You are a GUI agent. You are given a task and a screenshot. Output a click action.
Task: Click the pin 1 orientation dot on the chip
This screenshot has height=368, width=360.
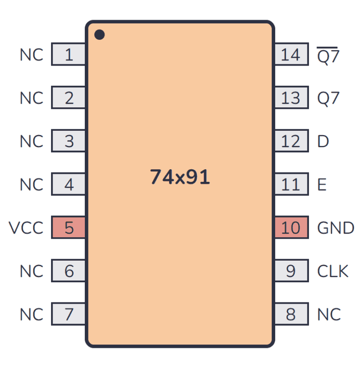[99, 34]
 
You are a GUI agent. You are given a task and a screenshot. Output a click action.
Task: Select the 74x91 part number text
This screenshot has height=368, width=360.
[180, 177]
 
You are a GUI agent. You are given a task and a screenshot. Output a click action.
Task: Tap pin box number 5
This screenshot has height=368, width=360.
[68, 228]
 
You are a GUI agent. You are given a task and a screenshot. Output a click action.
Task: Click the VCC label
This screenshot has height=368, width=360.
[26, 228]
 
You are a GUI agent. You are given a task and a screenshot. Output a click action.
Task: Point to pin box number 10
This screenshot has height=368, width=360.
[291, 228]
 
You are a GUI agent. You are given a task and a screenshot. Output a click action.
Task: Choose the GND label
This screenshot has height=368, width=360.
[336, 228]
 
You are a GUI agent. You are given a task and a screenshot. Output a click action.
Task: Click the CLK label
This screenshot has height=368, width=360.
[333, 271]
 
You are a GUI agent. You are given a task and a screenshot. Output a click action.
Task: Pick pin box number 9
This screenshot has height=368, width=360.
[291, 271]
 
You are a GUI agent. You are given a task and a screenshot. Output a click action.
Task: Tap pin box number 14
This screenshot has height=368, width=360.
[291, 55]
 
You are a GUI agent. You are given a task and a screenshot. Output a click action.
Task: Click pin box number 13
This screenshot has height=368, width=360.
[291, 98]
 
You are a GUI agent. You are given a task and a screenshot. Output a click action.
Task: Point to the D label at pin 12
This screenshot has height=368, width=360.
[323, 142]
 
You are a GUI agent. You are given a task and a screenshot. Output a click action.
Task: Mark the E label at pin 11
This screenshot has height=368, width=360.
[322, 185]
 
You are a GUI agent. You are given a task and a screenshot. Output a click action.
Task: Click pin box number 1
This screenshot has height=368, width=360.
[68, 55]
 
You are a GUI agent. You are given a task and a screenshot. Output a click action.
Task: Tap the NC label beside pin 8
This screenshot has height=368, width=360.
[329, 314]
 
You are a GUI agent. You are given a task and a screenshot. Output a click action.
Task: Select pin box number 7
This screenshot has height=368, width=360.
[68, 314]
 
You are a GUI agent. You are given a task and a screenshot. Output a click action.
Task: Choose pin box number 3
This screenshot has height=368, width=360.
[68, 142]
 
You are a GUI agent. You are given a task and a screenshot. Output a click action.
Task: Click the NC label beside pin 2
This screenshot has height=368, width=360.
[31, 98]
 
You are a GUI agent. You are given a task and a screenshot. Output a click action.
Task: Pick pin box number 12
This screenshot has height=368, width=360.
[291, 142]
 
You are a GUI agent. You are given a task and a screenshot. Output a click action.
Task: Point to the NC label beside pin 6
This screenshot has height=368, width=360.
[31, 271]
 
